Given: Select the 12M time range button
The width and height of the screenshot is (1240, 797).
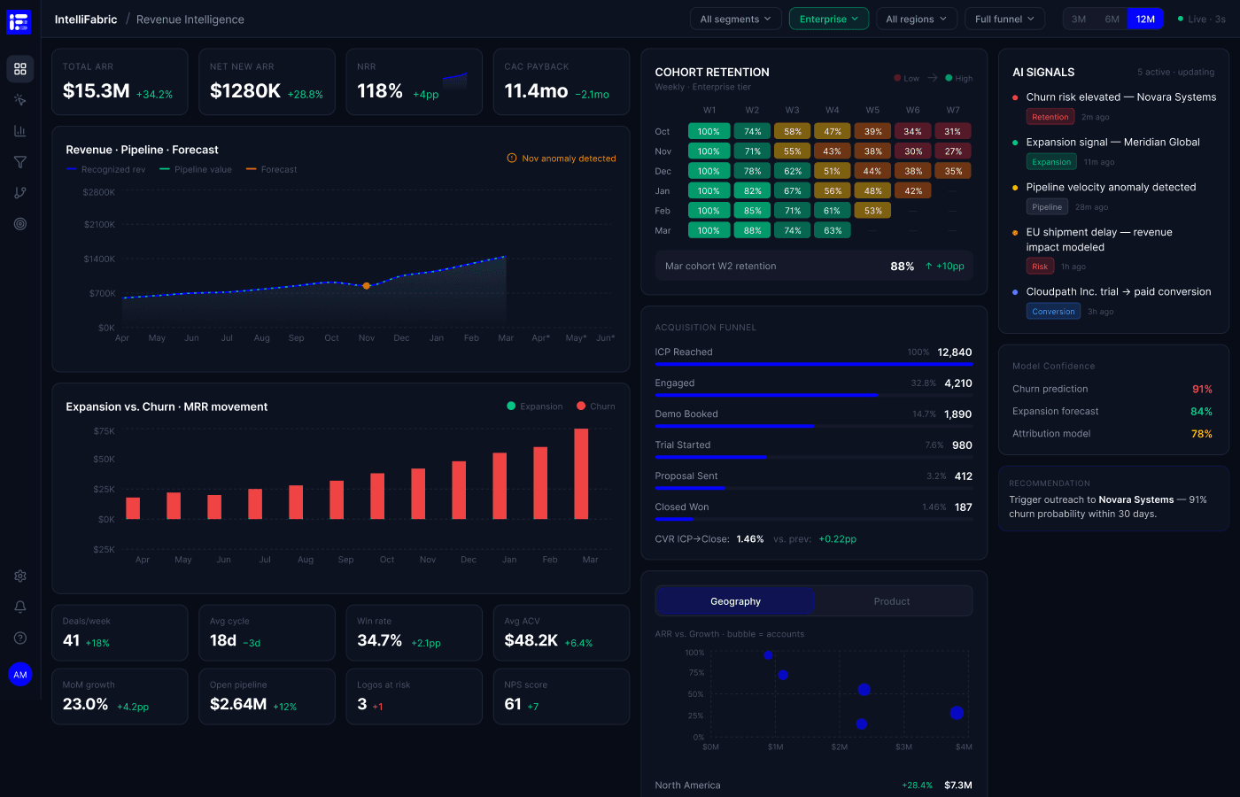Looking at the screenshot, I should [x=1144, y=19].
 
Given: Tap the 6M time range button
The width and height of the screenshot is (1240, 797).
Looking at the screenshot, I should [x=1112, y=19].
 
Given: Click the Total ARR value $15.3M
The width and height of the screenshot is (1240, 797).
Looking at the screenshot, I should [x=97, y=91].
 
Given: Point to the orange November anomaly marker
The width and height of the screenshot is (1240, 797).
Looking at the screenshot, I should [x=367, y=286].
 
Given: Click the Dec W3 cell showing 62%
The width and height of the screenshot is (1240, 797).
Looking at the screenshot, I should [x=793, y=171].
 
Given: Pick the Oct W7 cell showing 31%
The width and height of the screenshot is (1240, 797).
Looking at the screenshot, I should [x=953, y=131].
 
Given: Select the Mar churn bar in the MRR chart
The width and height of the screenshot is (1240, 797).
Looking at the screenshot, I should [x=581, y=474].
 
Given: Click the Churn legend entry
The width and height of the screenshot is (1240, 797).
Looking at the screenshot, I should [x=595, y=406].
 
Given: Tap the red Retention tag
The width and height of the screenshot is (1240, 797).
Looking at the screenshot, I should [x=1050, y=117].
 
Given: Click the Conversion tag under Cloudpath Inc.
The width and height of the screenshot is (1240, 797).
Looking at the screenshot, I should [x=1053, y=312].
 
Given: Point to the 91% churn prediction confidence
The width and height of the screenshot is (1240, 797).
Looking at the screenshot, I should [x=1202, y=389].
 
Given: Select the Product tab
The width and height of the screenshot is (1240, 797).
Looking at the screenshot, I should [x=891, y=601].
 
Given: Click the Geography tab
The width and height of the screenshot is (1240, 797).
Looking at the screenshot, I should [x=735, y=601].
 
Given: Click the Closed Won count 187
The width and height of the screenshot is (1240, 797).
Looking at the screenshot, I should [x=963, y=507].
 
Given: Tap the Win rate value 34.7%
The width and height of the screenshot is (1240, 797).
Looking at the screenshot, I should [x=379, y=640].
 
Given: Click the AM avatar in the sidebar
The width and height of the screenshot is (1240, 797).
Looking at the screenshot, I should [x=20, y=675].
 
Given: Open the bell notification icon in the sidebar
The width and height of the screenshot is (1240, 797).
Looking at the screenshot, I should [x=20, y=607].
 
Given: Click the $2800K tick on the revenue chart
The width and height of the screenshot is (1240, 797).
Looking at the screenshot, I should [x=98, y=192].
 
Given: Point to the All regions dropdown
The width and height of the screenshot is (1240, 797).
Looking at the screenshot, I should [x=916, y=19].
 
